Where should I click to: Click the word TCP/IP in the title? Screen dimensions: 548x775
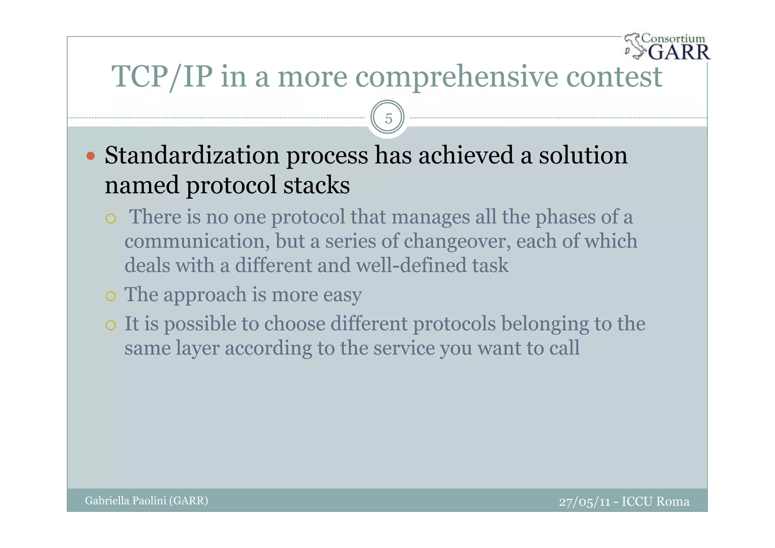pyautogui.click(x=162, y=77)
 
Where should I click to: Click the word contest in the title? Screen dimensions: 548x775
pyautogui.click(x=614, y=77)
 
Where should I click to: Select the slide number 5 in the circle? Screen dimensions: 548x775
pyautogui.click(x=388, y=119)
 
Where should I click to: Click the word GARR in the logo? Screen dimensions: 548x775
pyautogui.click(x=679, y=52)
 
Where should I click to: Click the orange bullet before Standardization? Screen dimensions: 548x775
pyautogui.click(x=90, y=156)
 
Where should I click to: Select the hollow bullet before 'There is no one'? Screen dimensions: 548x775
pyautogui.click(x=110, y=219)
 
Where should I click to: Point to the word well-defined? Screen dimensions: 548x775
pyautogui.click(x=411, y=265)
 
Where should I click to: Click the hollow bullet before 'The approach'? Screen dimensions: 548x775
pyautogui.click(x=110, y=296)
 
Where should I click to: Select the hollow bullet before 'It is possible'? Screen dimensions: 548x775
pyautogui.click(x=110, y=325)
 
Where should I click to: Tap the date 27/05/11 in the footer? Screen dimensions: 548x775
pyautogui.click(x=585, y=502)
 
